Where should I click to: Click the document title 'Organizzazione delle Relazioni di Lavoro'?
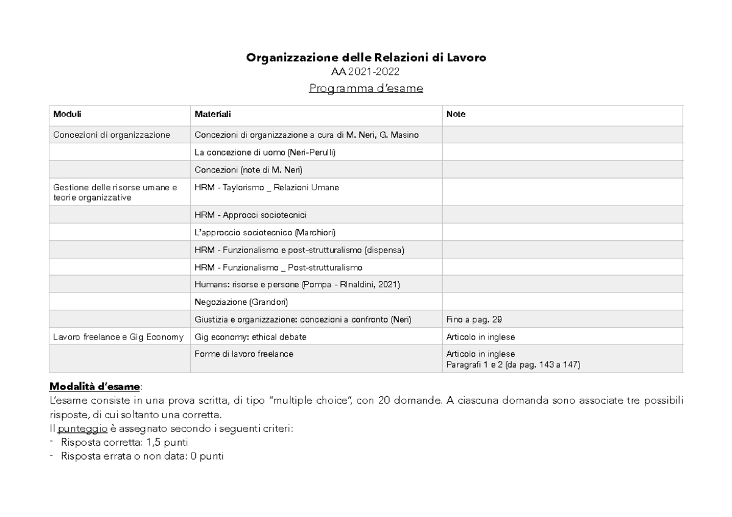coord(366,58)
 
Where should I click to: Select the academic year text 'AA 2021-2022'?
coord(365,73)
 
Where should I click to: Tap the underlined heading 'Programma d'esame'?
coord(365,88)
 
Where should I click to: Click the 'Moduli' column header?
coord(67,114)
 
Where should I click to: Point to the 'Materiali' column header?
coord(212,114)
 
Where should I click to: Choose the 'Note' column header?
coord(456,114)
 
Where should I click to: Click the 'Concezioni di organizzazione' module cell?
coord(112,135)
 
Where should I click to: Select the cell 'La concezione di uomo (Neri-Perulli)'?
coord(265,152)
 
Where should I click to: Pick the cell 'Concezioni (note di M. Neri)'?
coord(248,169)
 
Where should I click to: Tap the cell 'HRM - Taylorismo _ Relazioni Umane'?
coord(267,188)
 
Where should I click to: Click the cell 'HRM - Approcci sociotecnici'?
coord(250,215)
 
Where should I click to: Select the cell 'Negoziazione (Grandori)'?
coord(240,302)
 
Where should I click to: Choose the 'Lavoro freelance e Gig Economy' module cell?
coord(118,337)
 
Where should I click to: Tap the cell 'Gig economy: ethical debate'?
coord(250,337)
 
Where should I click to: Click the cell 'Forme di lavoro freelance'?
coord(243,354)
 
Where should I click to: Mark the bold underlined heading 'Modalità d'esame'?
coord(95,387)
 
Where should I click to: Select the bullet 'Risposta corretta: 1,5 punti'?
coord(124,441)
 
